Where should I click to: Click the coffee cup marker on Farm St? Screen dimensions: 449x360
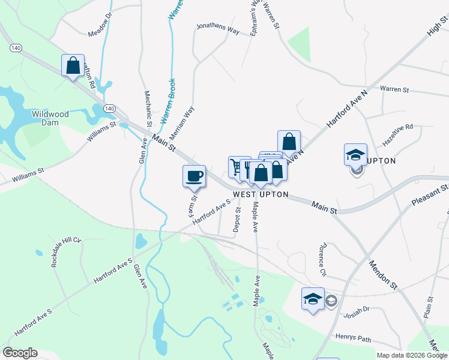(x=194, y=176)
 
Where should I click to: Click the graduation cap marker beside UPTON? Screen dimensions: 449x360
(x=355, y=154)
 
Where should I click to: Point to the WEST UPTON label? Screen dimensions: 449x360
(x=261, y=195)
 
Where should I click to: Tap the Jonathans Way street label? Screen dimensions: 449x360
(x=218, y=28)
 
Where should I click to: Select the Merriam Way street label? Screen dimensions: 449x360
(x=189, y=121)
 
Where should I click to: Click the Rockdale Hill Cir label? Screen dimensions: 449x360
(x=65, y=252)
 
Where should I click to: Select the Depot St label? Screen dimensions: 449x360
(x=237, y=220)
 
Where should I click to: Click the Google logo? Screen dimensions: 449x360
(x=20, y=353)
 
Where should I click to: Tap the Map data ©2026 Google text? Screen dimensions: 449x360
(x=411, y=355)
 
